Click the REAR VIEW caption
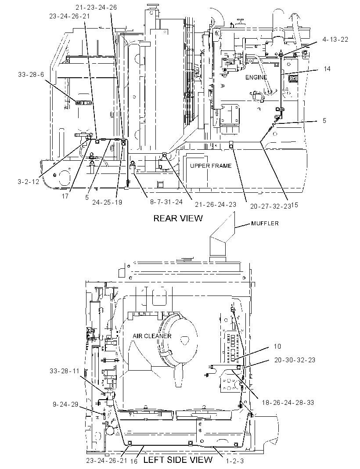(x=178, y=218)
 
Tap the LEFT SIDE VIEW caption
(x=178, y=459)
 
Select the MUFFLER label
(x=265, y=223)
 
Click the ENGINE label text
(x=256, y=77)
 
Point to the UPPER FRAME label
(x=211, y=166)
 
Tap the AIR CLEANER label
(x=152, y=336)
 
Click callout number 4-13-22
(x=335, y=40)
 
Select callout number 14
(x=327, y=69)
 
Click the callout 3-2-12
(x=28, y=181)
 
